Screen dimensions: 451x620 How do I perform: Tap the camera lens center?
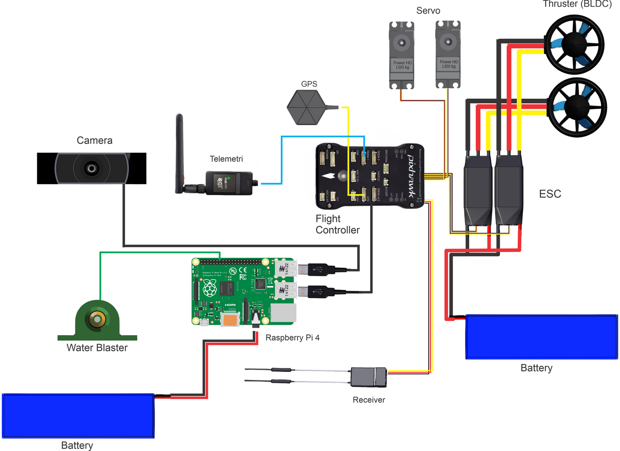point(91,168)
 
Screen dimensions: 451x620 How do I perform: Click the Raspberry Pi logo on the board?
point(210,288)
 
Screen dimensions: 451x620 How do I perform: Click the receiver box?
point(369,377)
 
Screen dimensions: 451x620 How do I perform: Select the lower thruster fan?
point(577,107)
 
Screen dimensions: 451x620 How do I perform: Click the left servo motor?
point(401,55)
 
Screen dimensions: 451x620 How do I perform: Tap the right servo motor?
point(448,55)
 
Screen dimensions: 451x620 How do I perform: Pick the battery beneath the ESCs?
point(541,337)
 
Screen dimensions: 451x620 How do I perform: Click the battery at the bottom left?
point(78,416)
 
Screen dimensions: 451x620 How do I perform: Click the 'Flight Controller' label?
point(337,225)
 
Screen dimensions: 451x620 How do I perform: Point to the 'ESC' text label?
point(550,194)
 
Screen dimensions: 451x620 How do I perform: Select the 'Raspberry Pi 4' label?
point(292,338)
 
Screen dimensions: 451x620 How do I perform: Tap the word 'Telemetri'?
point(226,159)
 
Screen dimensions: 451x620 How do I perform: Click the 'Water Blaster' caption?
point(97,348)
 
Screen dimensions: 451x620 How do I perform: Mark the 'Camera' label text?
point(95,140)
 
